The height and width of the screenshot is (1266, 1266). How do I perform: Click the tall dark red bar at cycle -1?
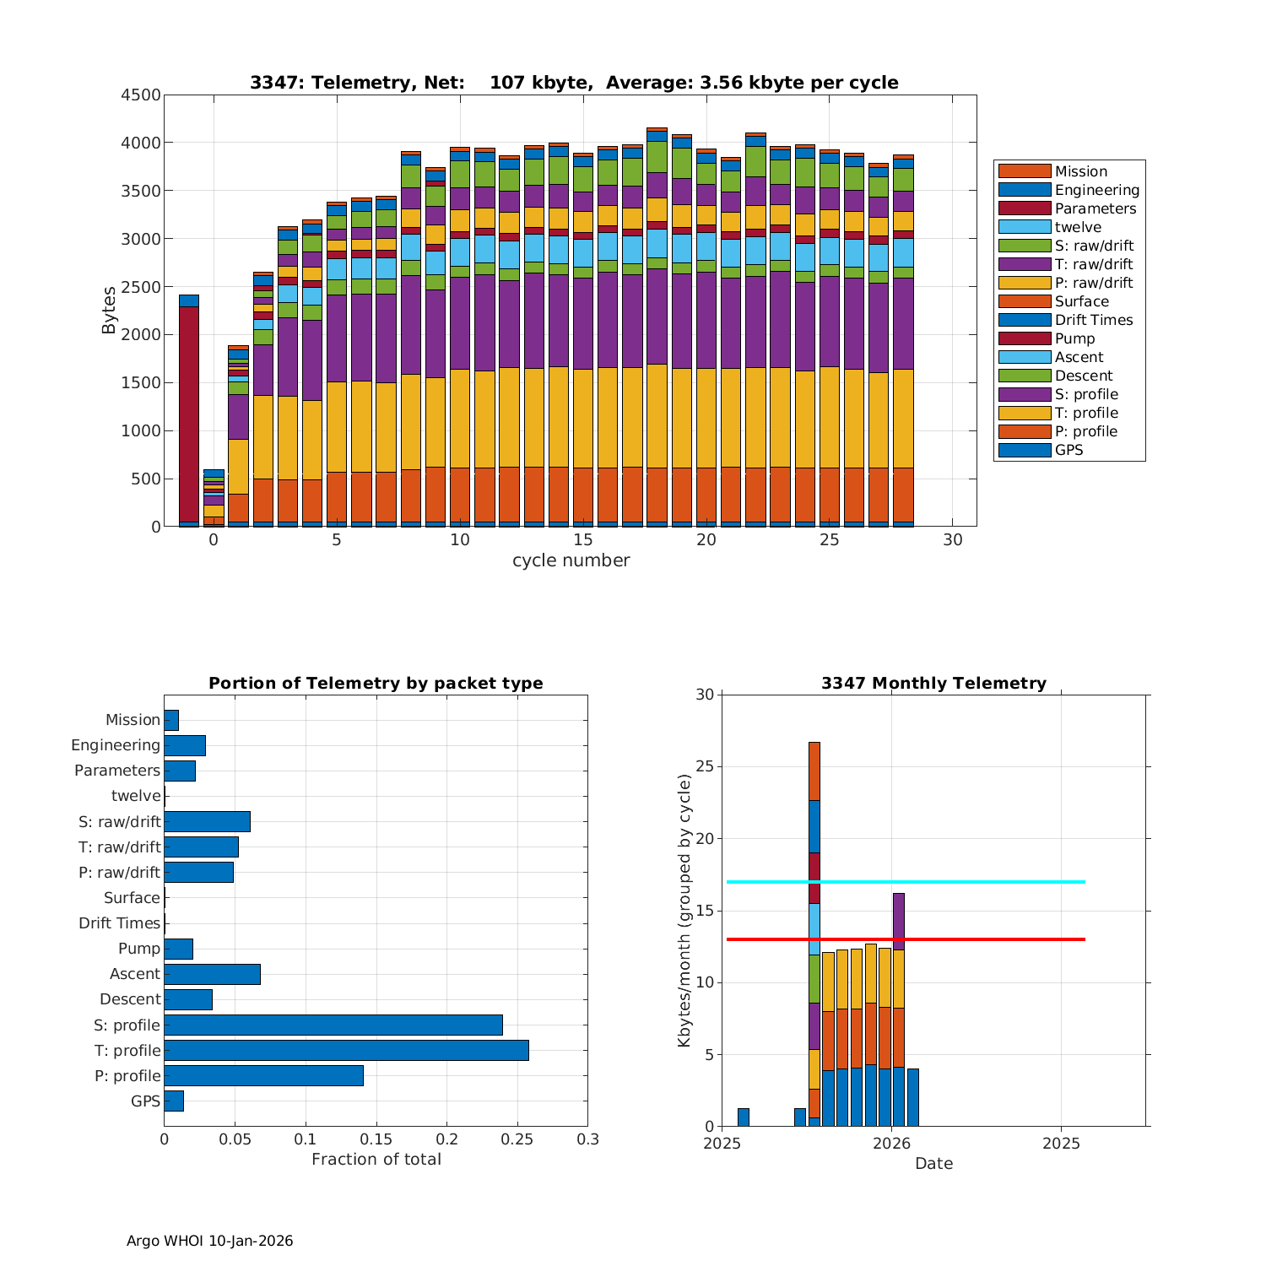189,414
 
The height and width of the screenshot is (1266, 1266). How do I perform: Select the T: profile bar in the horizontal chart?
346,1050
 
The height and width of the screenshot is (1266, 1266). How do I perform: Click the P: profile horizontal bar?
263,1075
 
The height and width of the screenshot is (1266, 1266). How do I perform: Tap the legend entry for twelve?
1078,227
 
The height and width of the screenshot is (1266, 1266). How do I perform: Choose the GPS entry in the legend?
1069,450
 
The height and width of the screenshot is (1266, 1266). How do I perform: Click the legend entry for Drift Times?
1093,320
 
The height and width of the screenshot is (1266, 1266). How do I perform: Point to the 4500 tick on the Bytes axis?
141,95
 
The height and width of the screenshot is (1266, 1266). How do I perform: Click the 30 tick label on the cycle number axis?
952,539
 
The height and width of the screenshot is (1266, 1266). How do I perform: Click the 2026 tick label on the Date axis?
891,1144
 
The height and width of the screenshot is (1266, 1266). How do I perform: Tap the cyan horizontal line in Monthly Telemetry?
905,882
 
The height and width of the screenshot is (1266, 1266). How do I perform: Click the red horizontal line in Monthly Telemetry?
905,939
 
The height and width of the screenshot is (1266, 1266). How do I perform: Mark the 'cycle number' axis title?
571,560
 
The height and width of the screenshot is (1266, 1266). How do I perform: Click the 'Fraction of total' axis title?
376,1160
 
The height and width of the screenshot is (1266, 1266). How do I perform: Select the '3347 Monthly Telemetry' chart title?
933,683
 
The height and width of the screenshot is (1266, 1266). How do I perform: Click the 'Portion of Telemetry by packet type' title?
376,683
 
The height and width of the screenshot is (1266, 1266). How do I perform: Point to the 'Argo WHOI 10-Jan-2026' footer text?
209,1241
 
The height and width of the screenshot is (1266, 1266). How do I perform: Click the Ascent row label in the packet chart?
134,974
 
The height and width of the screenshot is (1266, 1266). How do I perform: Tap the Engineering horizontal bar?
185,745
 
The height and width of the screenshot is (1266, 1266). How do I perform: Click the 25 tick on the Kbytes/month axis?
706,767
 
